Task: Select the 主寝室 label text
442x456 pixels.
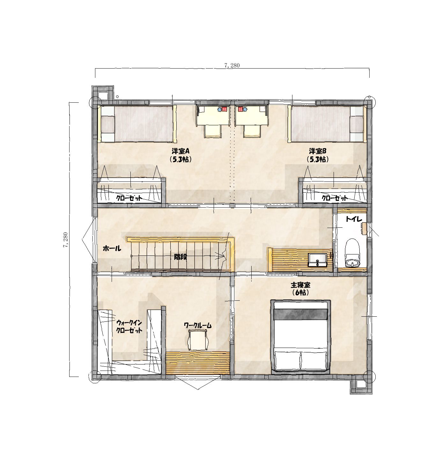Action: pos(300,285)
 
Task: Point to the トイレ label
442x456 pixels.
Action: pos(354,219)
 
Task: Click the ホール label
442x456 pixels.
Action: pos(112,248)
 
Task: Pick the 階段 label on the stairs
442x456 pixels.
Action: pos(180,257)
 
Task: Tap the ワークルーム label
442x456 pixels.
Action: pos(198,326)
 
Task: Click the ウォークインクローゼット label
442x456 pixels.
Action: pos(129,327)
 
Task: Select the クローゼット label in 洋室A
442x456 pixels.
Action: pos(129,198)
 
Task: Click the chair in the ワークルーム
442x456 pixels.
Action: pos(198,340)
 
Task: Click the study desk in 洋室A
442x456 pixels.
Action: pos(213,115)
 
